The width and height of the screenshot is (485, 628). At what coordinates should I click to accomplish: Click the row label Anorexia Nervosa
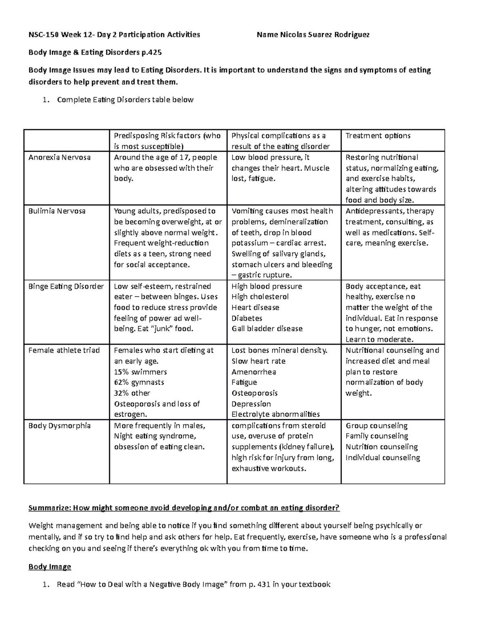coord(59,157)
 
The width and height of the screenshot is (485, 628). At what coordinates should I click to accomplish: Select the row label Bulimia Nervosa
coord(57,211)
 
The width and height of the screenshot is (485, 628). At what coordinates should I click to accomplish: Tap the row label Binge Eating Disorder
coord(66,286)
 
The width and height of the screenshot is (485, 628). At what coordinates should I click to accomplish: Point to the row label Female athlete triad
coord(64,350)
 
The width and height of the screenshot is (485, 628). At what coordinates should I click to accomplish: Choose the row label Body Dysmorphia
coord(59,425)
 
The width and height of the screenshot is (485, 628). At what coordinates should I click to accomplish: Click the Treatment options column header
coord(378,136)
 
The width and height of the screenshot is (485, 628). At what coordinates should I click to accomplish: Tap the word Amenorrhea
coord(254,372)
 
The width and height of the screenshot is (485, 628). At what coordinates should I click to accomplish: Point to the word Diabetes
coord(247,318)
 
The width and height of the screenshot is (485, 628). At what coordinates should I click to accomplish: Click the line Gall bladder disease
coord(267,329)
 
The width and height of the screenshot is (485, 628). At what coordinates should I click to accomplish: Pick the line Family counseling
coord(377,436)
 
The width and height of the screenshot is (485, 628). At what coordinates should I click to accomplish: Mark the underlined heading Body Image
coord(50,567)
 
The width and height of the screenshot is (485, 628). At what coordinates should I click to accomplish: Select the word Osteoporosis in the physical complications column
coord(255,393)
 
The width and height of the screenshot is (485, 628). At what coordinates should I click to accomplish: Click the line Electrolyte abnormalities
coord(276,414)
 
